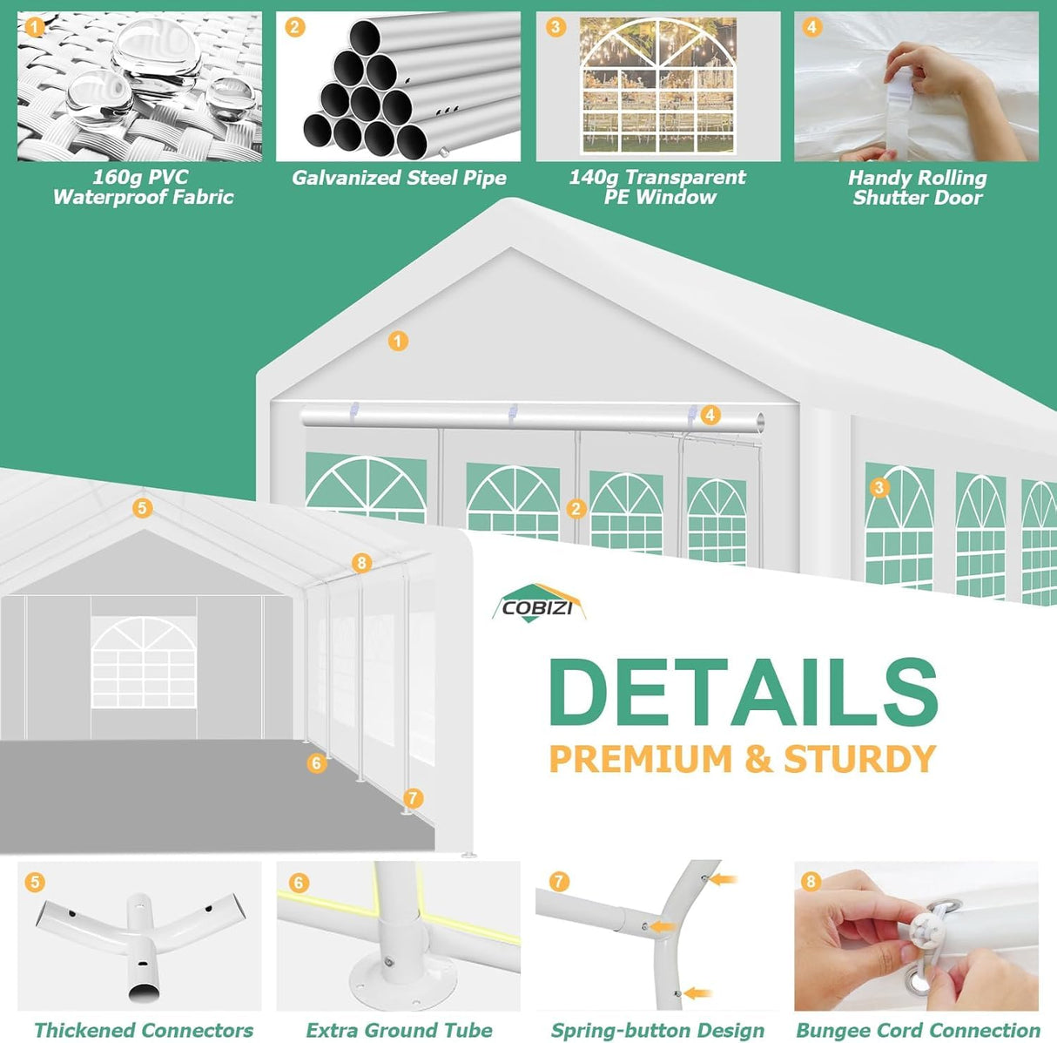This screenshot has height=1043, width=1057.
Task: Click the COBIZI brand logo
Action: coord(539,603)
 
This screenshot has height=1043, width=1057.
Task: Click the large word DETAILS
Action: coord(744,687)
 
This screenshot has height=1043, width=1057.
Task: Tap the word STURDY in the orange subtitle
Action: coord(859,759)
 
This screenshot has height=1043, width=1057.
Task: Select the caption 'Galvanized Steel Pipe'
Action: coord(399,178)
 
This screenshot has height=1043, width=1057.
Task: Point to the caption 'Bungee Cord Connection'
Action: coord(918,1030)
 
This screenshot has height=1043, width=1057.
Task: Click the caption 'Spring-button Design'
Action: coord(657,1030)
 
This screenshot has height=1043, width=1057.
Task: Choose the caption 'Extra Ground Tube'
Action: coord(399,1030)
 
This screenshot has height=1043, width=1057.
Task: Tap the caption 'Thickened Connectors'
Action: coord(144,1030)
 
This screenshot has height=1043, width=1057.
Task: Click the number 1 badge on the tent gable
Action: coord(398,342)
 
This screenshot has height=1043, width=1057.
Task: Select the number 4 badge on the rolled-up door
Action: coord(710,415)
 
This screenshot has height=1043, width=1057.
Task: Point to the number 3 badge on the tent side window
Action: coord(879,487)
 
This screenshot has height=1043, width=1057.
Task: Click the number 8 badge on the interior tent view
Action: coord(361,563)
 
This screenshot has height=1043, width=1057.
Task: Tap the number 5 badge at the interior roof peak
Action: coord(142,508)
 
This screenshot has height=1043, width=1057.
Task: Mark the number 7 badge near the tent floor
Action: coord(413,798)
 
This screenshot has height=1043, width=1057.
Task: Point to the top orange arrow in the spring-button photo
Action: coord(724,880)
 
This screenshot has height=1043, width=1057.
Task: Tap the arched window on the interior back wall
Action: coord(144,662)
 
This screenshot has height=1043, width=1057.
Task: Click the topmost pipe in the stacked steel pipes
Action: coord(366,37)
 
